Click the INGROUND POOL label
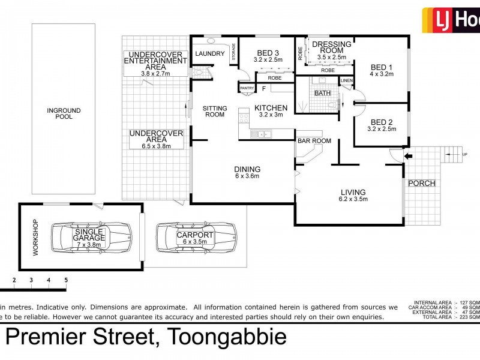pos(64,113)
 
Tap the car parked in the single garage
pos(82,237)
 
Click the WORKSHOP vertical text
pos(35,237)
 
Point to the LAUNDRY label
pos(209,55)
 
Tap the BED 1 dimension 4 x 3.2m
pos(381,74)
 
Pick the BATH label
pos(322,93)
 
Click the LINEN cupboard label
pos(347,80)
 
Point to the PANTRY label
pos(247,89)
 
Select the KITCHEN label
pos(271,108)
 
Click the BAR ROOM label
pos(314,141)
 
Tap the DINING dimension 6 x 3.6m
pos(247,177)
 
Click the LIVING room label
pos(352,193)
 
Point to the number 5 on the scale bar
pos(66,280)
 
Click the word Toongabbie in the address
pos(228,338)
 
